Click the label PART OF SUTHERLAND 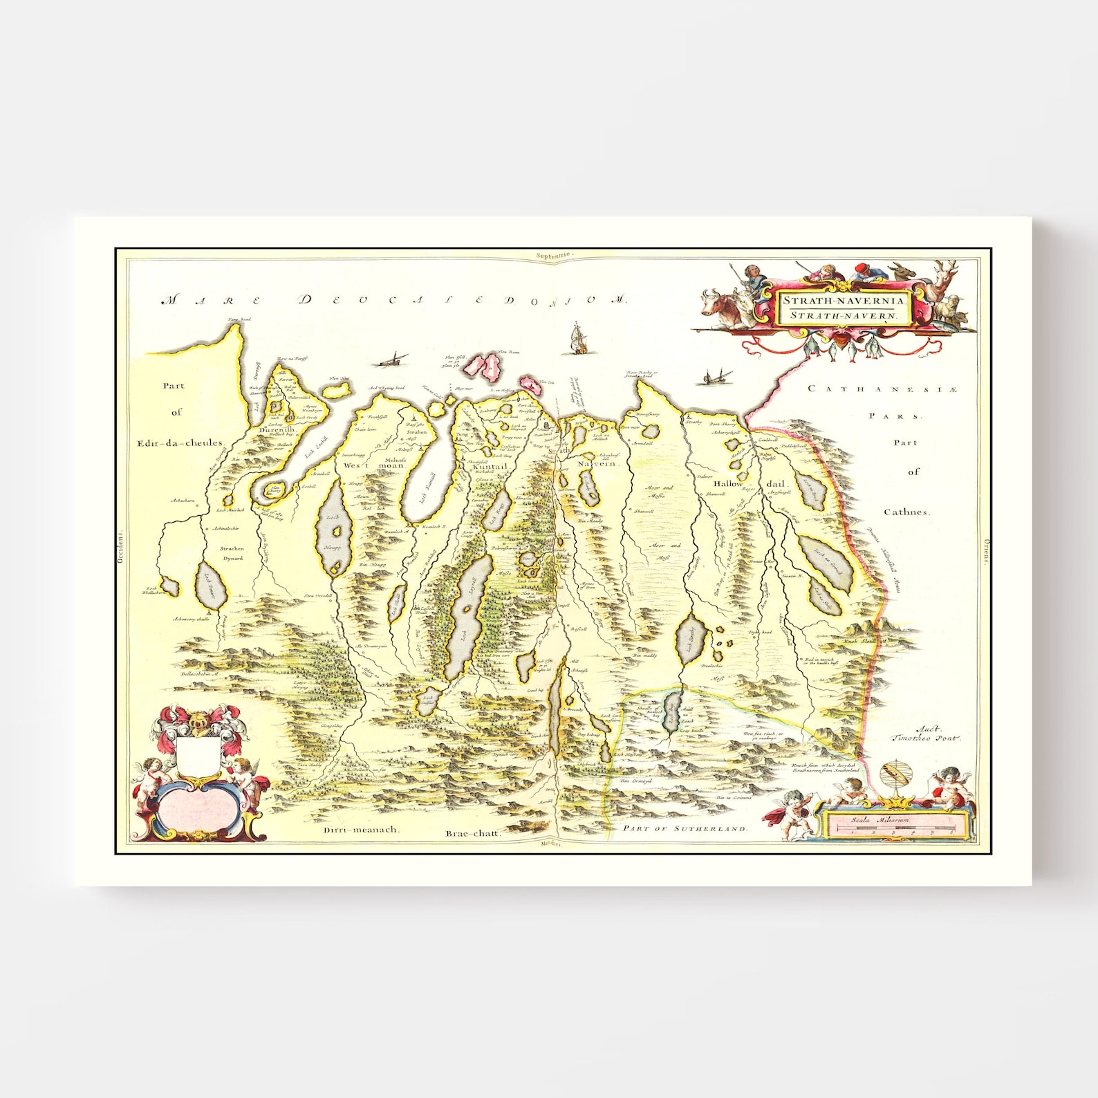[x=685, y=828]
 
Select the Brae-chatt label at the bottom [x=473, y=834]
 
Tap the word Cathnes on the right [x=907, y=512]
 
